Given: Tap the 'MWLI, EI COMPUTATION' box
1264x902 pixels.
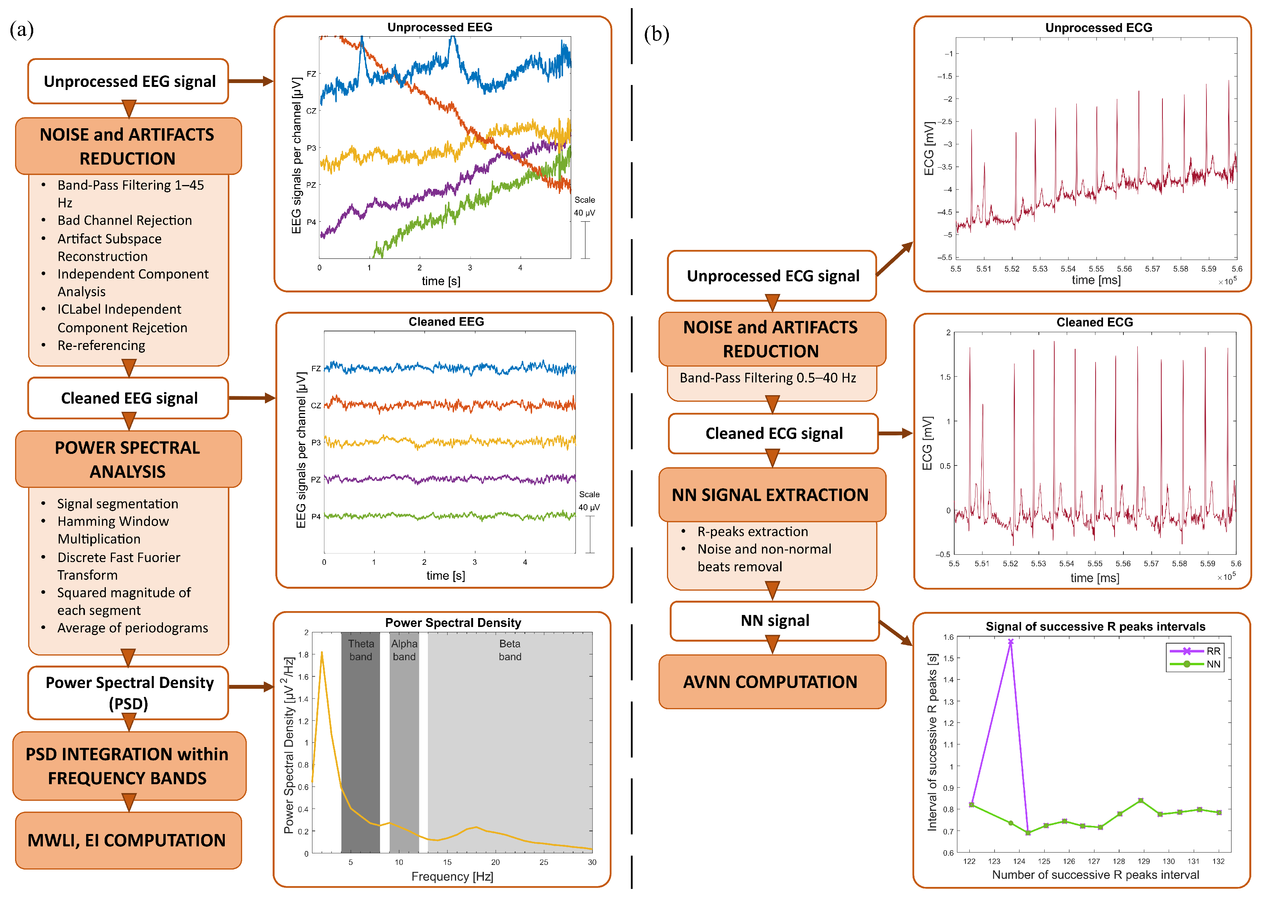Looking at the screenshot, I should click(128, 840).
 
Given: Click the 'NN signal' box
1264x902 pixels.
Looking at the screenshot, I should click(774, 620).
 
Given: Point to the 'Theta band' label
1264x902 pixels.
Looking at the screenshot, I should click(361, 650).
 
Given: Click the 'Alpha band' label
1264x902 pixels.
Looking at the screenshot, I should click(404, 650).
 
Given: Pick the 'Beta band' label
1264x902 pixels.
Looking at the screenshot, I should click(510, 650).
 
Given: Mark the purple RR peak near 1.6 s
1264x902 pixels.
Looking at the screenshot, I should click(1010, 642).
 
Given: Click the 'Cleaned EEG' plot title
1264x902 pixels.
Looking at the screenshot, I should click(446, 321).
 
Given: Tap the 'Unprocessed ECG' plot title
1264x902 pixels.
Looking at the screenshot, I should click(1098, 28).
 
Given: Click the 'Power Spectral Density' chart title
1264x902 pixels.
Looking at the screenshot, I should click(453, 623).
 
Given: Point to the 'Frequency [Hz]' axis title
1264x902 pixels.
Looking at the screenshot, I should click(452, 877).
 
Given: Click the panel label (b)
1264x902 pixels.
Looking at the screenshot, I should click(656, 34).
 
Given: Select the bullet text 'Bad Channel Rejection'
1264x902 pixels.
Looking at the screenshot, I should click(124, 221).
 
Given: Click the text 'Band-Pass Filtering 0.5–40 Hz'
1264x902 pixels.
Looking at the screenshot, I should click(768, 378).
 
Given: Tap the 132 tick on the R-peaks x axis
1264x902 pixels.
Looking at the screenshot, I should click(1218, 861).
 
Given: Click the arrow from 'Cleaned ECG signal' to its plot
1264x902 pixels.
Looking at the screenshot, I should click(895, 433).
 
